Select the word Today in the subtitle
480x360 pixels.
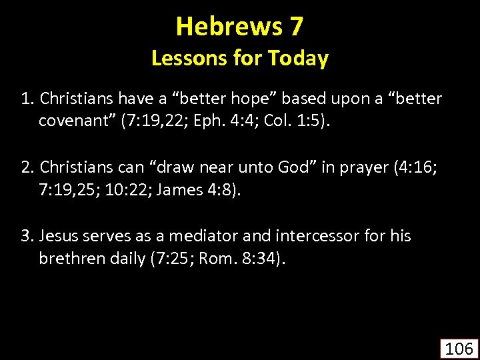[x=298, y=59]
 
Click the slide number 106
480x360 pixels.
[x=459, y=348]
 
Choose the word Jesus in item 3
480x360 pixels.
[x=60, y=236]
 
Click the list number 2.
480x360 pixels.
[x=27, y=168]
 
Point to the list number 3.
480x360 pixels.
[x=27, y=236]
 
